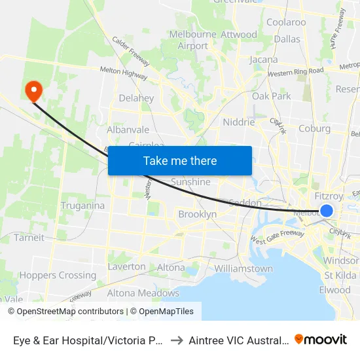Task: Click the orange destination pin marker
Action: (x=31, y=90)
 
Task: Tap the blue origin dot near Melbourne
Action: (x=327, y=210)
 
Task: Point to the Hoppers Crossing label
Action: (x=59, y=275)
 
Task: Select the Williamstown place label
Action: (x=243, y=268)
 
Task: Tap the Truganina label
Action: (x=82, y=206)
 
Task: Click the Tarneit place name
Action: (x=29, y=238)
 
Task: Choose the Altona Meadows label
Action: (x=143, y=293)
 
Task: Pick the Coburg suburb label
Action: (x=314, y=128)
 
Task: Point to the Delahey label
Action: (x=136, y=98)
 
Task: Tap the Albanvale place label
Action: (x=128, y=130)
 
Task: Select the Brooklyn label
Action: (x=197, y=214)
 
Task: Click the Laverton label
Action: (x=126, y=266)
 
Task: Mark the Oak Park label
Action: (x=271, y=96)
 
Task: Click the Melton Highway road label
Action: (x=123, y=73)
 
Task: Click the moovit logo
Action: (x=321, y=339)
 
